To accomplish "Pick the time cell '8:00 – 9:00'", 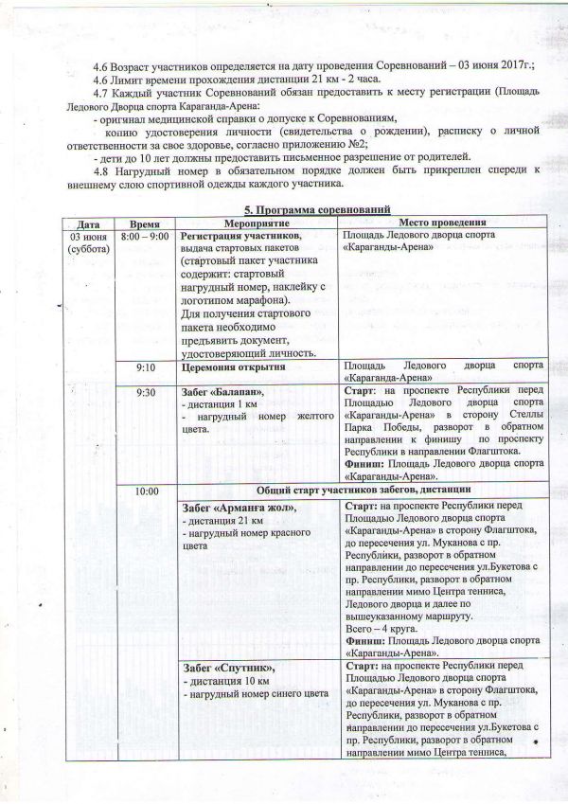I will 145,234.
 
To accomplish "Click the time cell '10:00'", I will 146,492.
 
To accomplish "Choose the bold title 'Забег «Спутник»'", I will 226,669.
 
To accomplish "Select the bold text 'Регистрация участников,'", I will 240,235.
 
